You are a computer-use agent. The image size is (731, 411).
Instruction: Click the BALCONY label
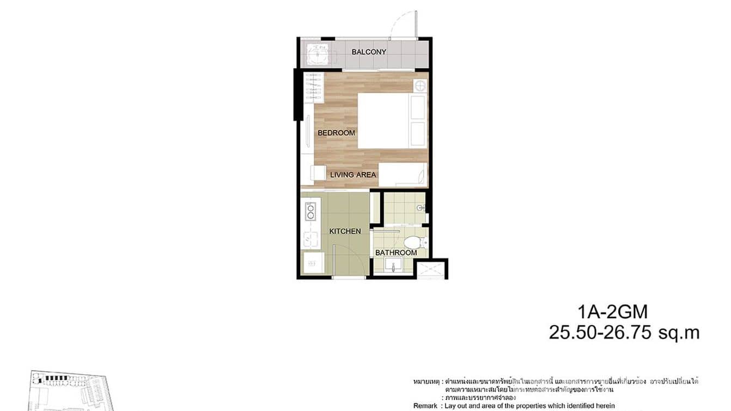[x=369, y=52]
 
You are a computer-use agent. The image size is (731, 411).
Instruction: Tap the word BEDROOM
[x=336, y=133]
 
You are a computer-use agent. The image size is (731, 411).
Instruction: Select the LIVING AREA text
[x=353, y=175]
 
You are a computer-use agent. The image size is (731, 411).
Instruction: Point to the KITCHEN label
[x=345, y=231]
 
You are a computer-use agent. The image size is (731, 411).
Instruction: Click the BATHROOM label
[x=395, y=253]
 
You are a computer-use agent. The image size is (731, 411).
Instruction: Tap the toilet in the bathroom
[x=415, y=241]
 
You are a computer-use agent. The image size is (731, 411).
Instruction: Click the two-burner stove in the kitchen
[x=310, y=211]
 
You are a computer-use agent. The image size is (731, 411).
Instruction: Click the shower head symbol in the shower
[x=419, y=208]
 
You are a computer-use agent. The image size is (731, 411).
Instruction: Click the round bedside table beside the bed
[x=419, y=85]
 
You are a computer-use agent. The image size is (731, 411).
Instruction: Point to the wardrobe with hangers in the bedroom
[x=314, y=88]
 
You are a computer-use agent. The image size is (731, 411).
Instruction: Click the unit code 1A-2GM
[x=613, y=312]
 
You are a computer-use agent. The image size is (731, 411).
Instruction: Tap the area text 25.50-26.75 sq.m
[x=624, y=333]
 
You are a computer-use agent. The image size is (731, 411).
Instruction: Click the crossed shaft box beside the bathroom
[x=430, y=269]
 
